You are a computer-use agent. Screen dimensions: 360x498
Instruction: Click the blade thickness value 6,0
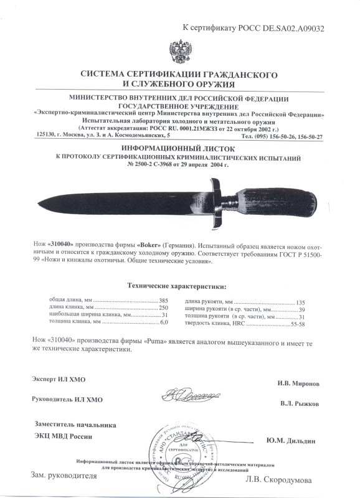(x=164, y=323)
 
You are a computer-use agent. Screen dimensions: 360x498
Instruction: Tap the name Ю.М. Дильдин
(x=290, y=441)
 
